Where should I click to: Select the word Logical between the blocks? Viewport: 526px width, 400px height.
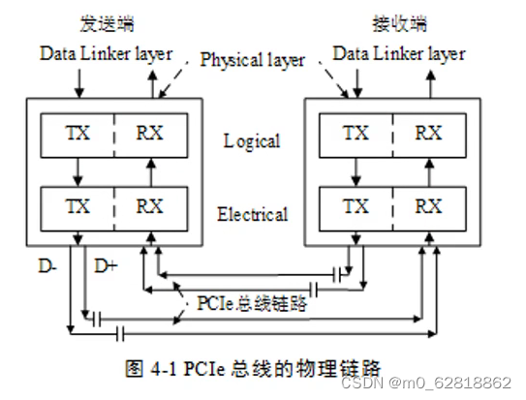251,141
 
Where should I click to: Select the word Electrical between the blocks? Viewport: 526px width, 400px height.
251,214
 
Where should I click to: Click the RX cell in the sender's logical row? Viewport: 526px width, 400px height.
148,132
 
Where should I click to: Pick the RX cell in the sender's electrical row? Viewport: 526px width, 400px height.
148,205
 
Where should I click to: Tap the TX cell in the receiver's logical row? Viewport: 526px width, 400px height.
356,132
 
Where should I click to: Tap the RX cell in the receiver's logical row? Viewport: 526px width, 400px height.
427,132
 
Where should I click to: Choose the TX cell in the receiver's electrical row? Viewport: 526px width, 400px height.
356,205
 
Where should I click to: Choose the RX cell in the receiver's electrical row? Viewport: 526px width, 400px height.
427,205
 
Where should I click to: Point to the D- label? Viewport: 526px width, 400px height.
48,263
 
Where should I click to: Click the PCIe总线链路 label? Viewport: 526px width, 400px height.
253,302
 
